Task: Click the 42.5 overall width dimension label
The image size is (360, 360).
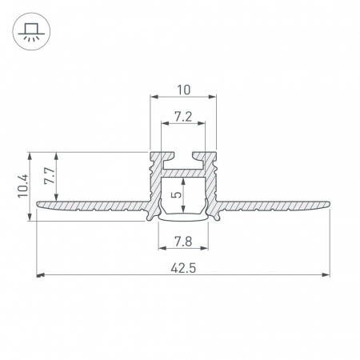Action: pos(183,268)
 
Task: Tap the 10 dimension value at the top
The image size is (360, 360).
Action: pos(184,90)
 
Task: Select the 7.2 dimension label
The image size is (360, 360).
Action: pos(183,117)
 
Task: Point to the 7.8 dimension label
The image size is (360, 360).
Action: pos(183,242)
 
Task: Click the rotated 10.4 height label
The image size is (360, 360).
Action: pos(23,186)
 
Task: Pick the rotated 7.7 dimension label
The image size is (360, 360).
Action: pos(50,176)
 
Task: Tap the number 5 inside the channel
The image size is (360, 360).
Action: pos(177,194)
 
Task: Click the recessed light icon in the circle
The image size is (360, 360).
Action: pos(31,31)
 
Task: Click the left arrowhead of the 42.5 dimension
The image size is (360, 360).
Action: pos(40,274)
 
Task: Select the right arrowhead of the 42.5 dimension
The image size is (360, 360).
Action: pos(326,274)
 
